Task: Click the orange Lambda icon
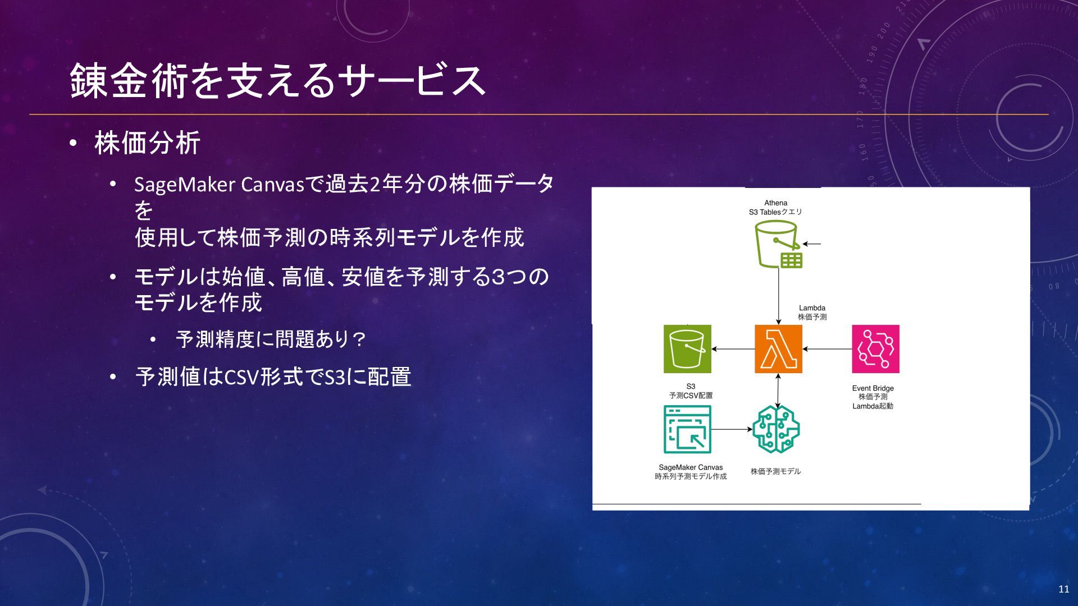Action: point(778,348)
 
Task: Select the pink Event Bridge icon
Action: point(875,348)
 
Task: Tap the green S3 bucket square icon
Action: point(687,348)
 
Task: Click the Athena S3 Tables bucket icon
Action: point(778,244)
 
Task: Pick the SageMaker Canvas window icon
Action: point(687,429)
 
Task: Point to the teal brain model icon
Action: point(777,429)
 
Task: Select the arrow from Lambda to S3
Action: point(733,349)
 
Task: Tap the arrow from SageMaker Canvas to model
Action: point(732,429)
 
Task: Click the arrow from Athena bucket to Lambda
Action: point(778,295)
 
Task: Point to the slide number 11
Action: point(1063,589)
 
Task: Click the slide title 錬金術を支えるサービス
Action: point(277,81)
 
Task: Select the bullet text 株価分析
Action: point(147,143)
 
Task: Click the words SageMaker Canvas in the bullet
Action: point(219,185)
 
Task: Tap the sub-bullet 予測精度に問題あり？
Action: point(271,339)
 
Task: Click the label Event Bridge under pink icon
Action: point(873,388)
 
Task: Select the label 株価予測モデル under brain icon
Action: point(775,471)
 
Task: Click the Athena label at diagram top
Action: point(775,203)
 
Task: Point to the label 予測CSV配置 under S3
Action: point(691,396)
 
